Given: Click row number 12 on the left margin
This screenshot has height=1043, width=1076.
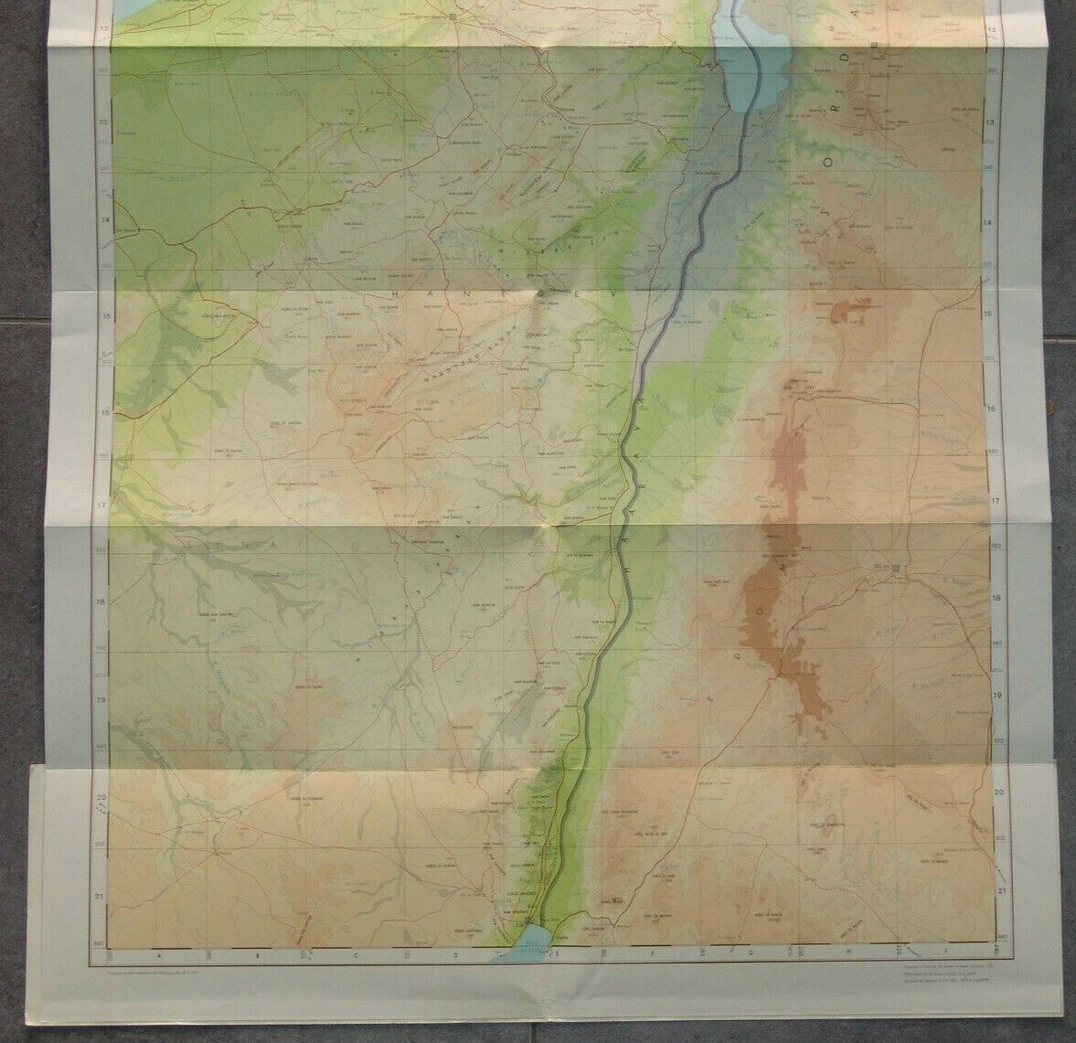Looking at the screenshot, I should tap(103, 30).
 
